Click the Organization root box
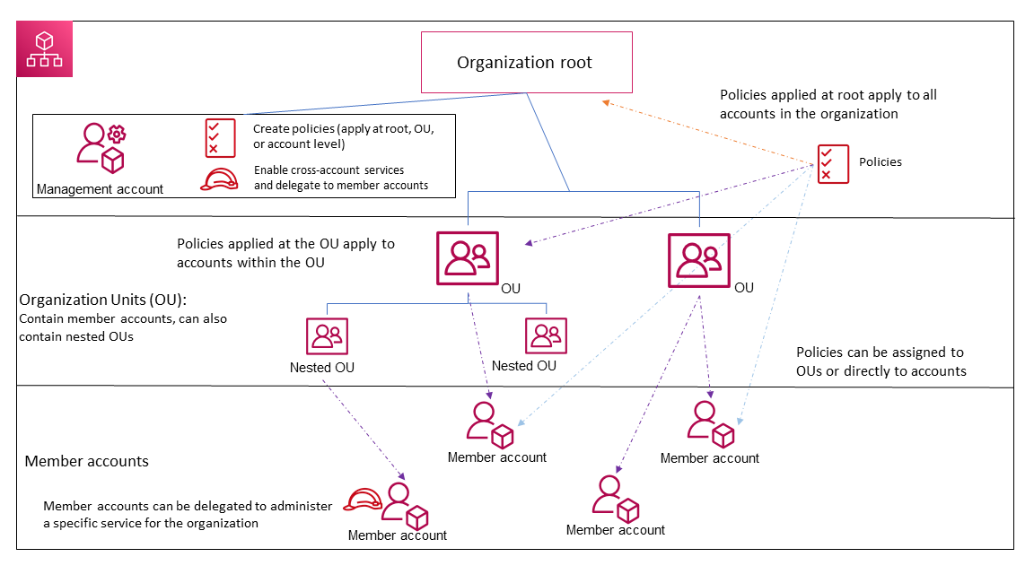[526, 63]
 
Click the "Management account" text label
[100, 189]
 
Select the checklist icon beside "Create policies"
[220, 138]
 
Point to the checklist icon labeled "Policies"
[833, 163]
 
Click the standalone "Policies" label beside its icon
[881, 162]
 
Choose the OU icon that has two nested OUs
[467, 258]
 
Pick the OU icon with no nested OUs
[699, 259]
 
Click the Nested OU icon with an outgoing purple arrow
[327, 336]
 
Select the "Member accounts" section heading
[87, 461]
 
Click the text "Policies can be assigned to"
[880, 352]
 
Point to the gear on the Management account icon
[117, 135]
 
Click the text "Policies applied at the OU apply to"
[285, 244]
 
